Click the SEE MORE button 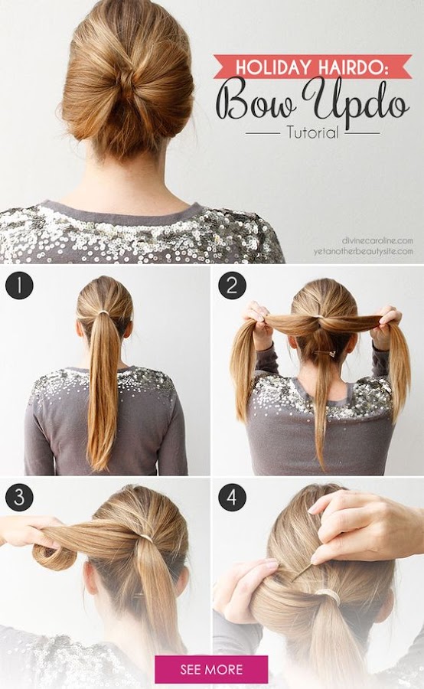[211, 669]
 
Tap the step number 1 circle [19, 286]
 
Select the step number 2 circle [232, 286]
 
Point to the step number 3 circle [19, 497]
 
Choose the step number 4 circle [232, 497]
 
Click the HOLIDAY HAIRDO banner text [312, 67]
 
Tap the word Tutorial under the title [313, 132]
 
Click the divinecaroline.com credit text [377, 240]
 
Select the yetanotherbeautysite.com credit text [364, 251]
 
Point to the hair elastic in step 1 [103, 312]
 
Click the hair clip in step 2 [325, 352]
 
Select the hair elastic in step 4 [328, 596]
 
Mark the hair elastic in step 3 [145, 538]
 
